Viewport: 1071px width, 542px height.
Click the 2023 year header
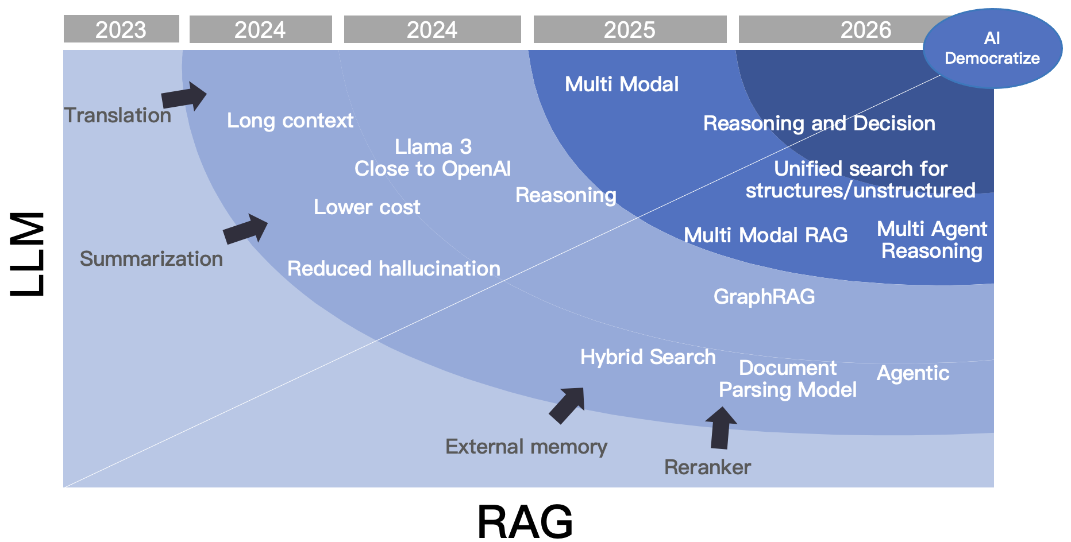coord(121,29)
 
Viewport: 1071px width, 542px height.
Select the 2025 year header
coord(630,29)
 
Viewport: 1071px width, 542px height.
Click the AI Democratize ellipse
coord(992,48)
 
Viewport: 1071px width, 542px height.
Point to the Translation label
coord(118,115)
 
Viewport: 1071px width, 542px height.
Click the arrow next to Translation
coord(184,96)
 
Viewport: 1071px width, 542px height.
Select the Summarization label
coord(151,259)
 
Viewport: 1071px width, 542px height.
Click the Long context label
coord(290,121)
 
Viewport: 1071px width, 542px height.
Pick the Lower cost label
coord(367,207)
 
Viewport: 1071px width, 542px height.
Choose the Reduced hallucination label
coord(394,269)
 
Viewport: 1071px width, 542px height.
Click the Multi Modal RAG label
coord(766,235)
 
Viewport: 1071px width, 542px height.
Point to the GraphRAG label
coord(764,297)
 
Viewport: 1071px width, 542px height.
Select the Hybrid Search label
coord(648,357)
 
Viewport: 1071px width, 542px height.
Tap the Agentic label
coord(913,374)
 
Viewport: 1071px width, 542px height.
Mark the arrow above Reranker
coord(721,428)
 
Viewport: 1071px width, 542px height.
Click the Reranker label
coord(707,467)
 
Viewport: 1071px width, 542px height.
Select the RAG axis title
coord(525,521)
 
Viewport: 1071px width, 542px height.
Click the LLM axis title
coord(28,254)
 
